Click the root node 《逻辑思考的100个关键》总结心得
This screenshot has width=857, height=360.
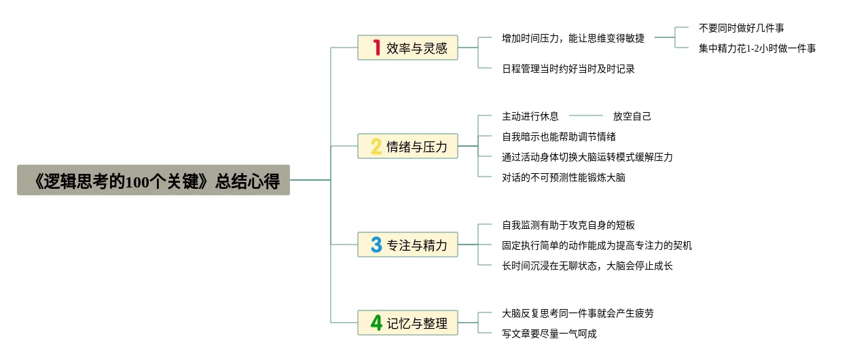tap(153, 180)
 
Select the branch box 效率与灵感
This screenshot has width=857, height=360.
tap(408, 48)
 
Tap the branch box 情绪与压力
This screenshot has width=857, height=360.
tap(408, 146)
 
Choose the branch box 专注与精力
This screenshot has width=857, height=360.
tap(408, 245)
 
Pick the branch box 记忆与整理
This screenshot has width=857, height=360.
tap(408, 323)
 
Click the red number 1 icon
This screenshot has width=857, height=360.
tap(376, 48)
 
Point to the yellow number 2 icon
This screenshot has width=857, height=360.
tap(376, 146)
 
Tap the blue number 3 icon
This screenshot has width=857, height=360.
tap(376, 245)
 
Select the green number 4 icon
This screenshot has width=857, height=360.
tap(376, 323)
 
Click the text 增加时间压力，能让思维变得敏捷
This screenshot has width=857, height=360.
tap(573, 38)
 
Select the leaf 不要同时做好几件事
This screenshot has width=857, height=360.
tap(742, 28)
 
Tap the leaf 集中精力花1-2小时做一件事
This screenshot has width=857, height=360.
tap(757, 48)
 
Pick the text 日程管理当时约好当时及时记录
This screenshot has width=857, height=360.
tap(568, 69)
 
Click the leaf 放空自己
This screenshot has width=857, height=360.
tap(632, 116)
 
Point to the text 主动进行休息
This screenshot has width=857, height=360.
tap(530, 116)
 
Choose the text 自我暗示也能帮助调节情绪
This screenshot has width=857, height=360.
tap(559, 137)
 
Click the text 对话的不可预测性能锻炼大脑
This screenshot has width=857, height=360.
tap(564, 177)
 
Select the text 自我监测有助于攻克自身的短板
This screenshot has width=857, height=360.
tap(568, 225)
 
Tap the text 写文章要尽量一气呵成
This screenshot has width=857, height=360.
tap(549, 334)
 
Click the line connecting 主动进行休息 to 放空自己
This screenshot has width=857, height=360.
tap(585, 116)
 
